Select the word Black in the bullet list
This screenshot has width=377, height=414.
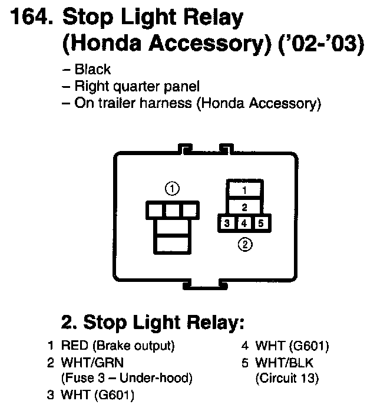coord(92,70)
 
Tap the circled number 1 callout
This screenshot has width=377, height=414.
coord(172,189)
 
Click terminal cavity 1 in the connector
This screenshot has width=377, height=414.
coord(244,190)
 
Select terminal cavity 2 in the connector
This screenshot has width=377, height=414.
coord(244,207)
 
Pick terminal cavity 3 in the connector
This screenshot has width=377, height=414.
coord(227,224)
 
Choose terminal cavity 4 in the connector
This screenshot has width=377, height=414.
coord(244,224)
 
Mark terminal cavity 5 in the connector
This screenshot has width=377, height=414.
coord(262,224)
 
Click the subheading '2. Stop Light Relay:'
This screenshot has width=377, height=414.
coord(152,323)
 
